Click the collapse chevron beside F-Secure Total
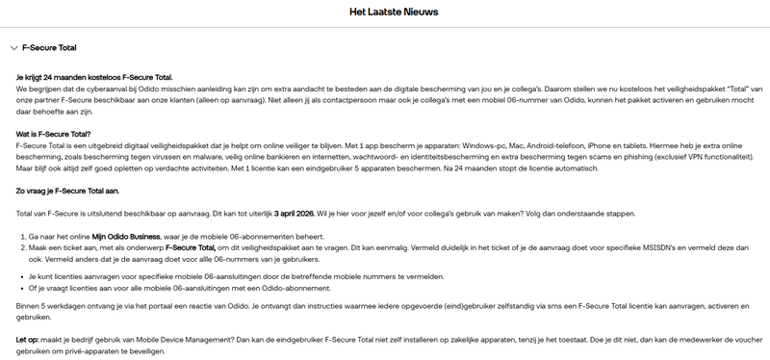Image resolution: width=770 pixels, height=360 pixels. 12,47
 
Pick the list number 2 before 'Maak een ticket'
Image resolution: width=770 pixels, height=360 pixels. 24,247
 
